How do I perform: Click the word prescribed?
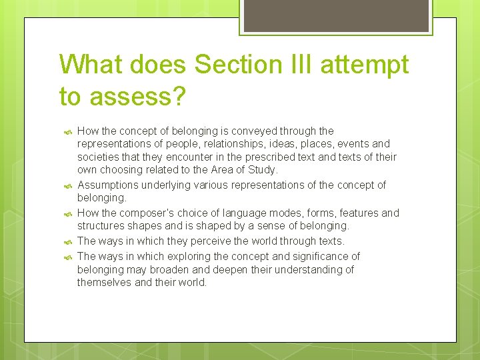[x=265, y=157]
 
